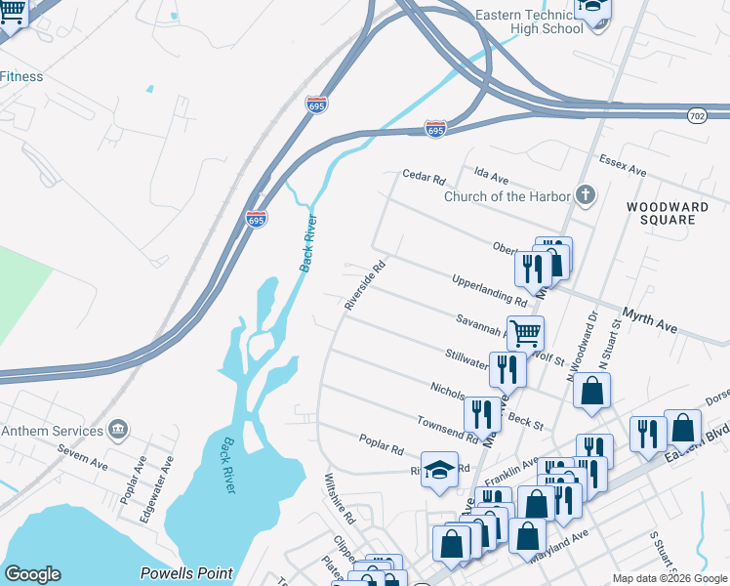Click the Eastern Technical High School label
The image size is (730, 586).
[x=528, y=21]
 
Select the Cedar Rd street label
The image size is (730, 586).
[x=424, y=179]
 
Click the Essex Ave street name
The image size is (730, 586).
[x=623, y=165]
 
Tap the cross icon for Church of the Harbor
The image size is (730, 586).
[x=585, y=195]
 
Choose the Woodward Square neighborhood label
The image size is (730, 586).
[x=661, y=213]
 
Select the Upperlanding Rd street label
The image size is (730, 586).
[x=489, y=291]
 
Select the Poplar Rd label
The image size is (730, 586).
[x=381, y=447]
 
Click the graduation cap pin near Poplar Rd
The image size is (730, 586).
[x=439, y=469]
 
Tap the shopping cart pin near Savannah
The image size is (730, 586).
[x=525, y=333]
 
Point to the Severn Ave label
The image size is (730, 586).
[x=79, y=451]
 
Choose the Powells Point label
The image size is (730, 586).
[x=185, y=573]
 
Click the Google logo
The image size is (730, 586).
[x=32, y=574]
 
